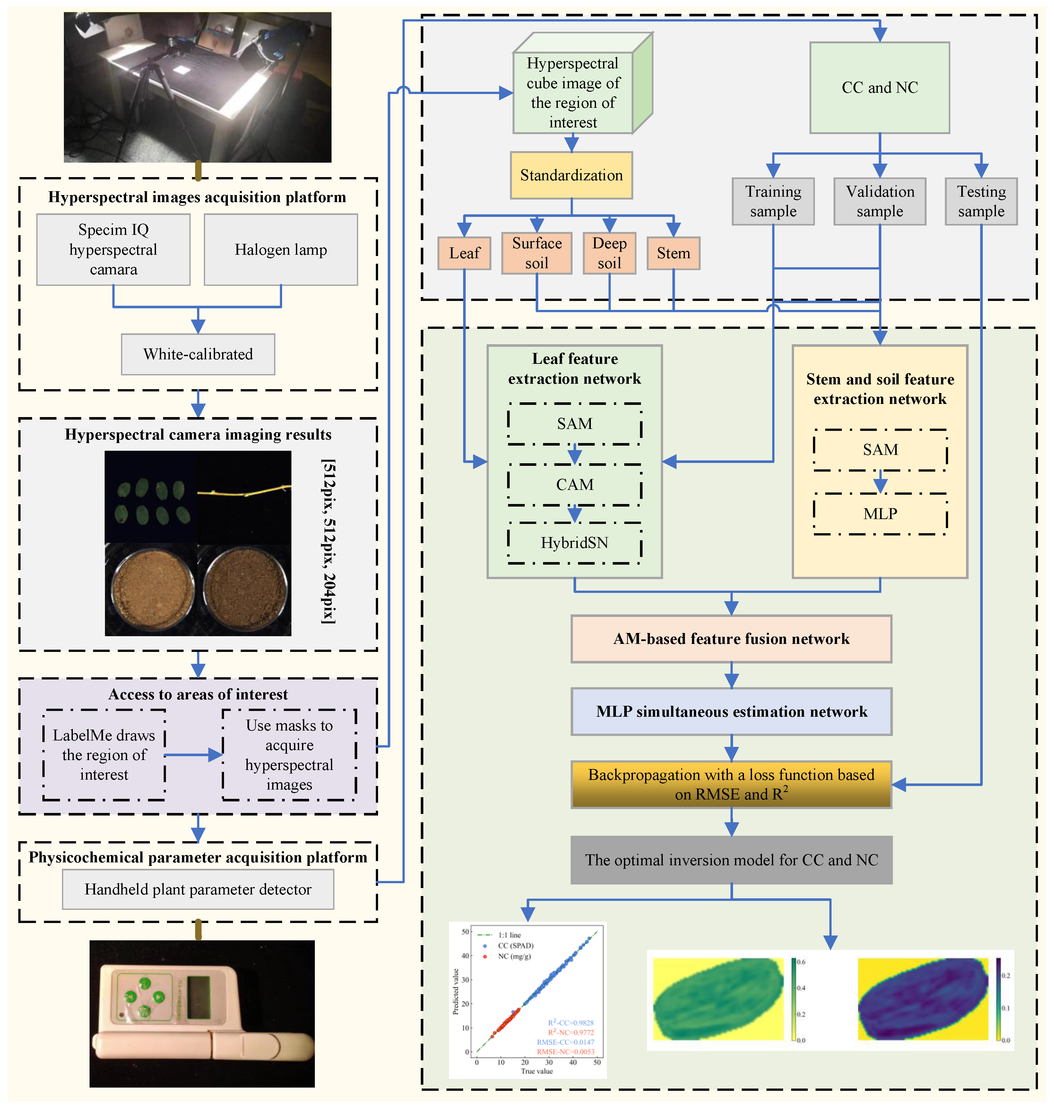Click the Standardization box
(x=571, y=175)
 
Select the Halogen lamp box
(x=281, y=249)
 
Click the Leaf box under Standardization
(x=464, y=253)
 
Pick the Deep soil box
(x=609, y=253)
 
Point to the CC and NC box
(x=879, y=88)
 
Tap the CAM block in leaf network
(x=574, y=485)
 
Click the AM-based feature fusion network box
(x=731, y=639)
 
